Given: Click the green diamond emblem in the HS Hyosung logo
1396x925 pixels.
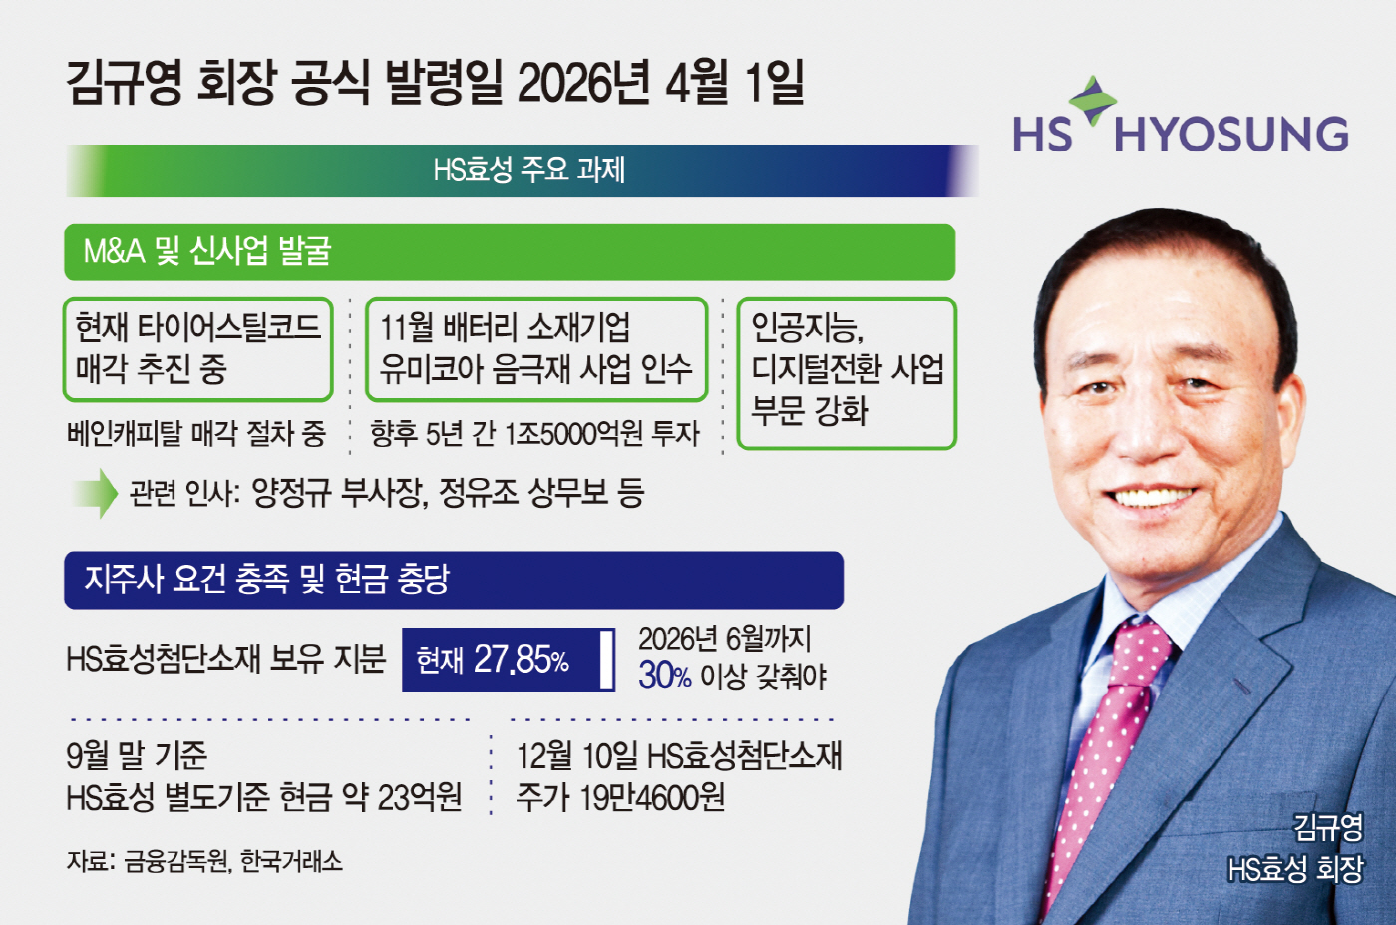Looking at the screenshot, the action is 1093,100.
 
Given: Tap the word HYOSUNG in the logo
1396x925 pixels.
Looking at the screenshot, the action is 1230,134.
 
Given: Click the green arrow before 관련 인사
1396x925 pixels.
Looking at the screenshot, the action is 96,493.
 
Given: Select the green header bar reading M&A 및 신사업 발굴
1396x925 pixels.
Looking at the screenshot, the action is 510,252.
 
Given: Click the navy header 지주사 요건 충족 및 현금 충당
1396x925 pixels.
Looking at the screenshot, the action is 454,580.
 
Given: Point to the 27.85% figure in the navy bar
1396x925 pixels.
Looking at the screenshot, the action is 521,659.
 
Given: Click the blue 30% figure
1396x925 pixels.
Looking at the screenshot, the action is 664,675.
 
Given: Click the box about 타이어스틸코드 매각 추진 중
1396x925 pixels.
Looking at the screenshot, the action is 197,350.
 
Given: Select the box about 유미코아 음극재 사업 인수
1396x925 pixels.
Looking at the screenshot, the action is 536,350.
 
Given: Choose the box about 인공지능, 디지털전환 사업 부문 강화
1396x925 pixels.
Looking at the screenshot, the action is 847,373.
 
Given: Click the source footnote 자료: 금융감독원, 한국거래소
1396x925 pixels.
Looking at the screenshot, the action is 204,861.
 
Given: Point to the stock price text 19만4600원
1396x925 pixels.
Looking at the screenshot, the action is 652,797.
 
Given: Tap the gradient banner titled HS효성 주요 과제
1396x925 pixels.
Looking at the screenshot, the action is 523,171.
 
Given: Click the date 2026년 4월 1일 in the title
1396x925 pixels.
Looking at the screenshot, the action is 660,84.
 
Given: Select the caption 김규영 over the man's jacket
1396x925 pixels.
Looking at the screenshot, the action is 1328,827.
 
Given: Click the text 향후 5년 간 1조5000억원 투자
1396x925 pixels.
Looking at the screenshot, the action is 534,433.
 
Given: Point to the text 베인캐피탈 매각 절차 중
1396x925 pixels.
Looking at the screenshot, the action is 196,433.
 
